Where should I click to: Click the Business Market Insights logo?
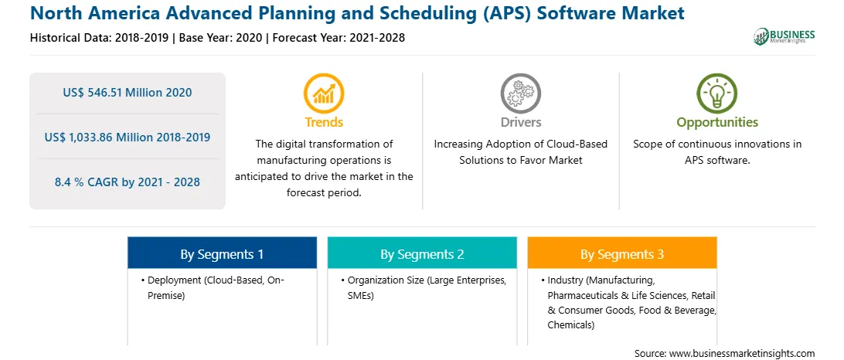coord(784,36)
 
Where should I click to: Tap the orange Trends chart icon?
coord(324,93)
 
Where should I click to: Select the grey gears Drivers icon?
coord(520,93)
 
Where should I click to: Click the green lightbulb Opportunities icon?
coord(717,93)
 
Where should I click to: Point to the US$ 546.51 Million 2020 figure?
coord(128,93)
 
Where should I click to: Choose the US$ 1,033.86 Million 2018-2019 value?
coord(128,138)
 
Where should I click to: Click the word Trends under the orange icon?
coord(324,122)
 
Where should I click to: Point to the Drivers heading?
coord(520,122)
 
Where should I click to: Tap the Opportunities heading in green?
coord(717,123)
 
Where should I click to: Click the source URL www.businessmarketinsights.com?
coord(742,354)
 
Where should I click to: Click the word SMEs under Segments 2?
coord(361,295)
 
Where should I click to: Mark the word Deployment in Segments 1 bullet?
coord(172,281)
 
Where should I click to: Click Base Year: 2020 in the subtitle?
coord(221,38)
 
